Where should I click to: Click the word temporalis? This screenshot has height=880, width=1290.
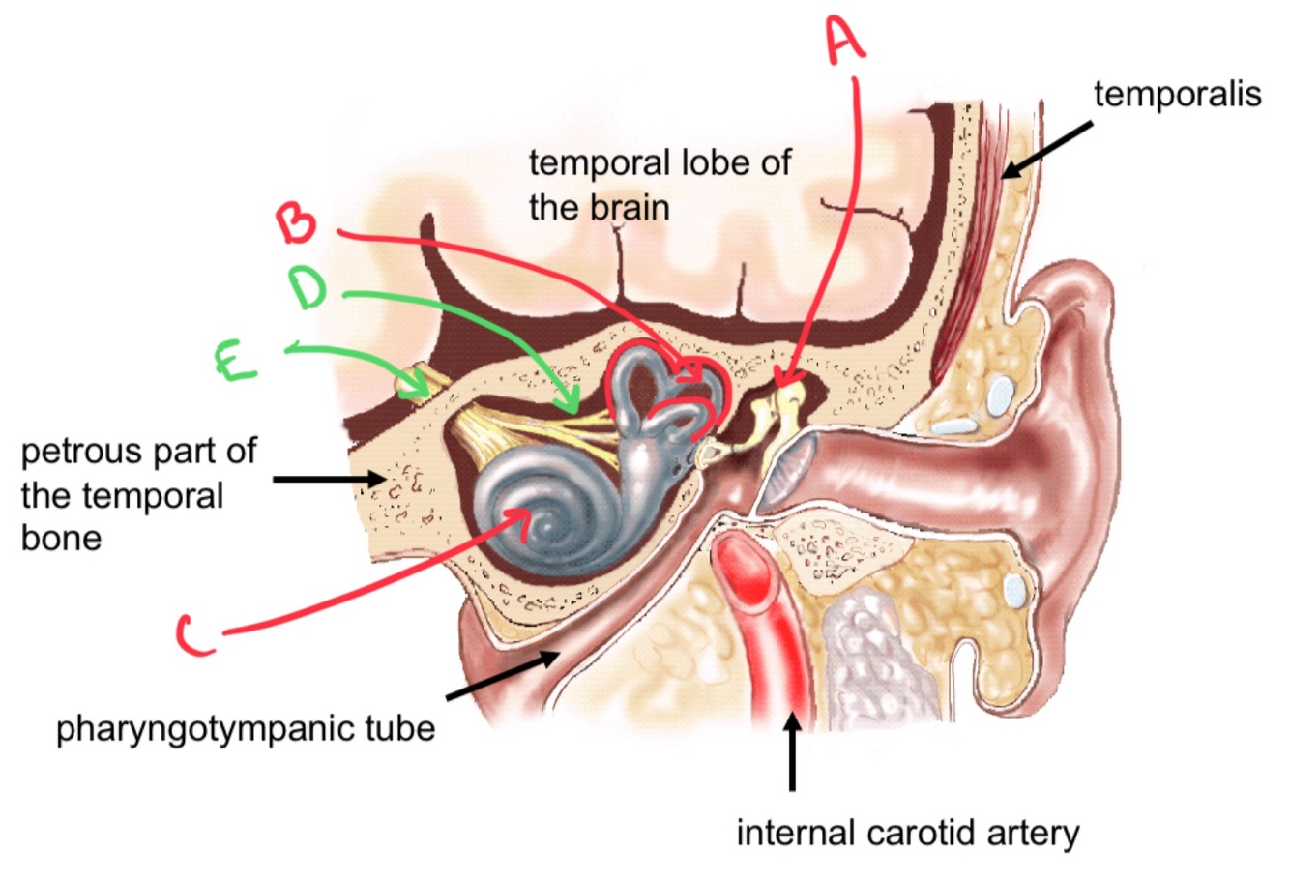tap(1177, 94)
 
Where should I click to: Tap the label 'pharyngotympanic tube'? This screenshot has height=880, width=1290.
tap(246, 726)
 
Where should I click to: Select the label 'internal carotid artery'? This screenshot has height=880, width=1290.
tap(907, 832)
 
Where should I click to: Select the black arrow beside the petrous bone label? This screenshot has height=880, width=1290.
tap(329, 478)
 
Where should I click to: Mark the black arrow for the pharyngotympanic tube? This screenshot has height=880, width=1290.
tap(502, 674)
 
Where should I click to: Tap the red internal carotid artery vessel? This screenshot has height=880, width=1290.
tap(774, 619)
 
